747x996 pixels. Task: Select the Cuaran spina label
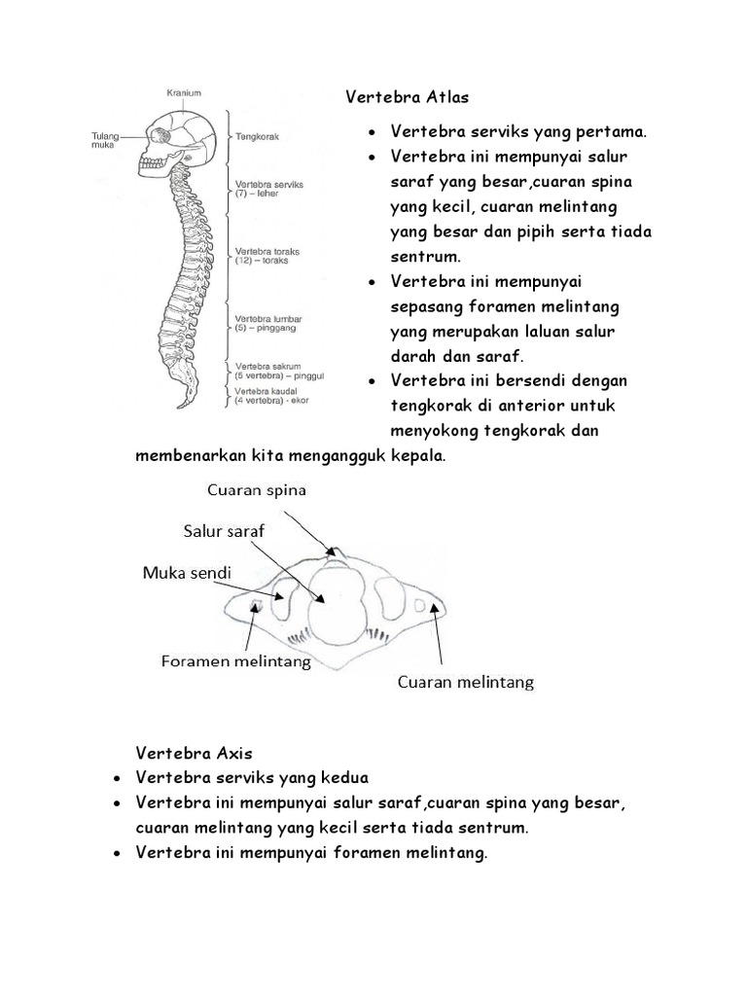click(255, 491)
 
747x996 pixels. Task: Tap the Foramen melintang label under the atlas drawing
click(235, 662)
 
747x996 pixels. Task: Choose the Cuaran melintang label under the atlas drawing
click(466, 683)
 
